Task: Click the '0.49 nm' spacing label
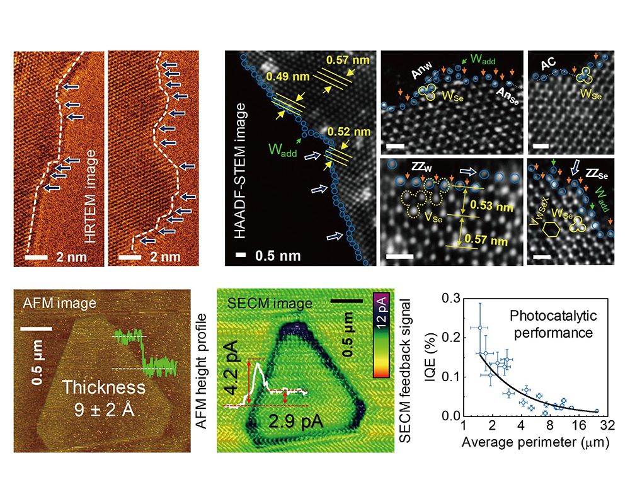tap(285, 78)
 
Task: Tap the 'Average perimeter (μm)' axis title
tap(535, 442)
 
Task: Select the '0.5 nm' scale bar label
tap(275, 256)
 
